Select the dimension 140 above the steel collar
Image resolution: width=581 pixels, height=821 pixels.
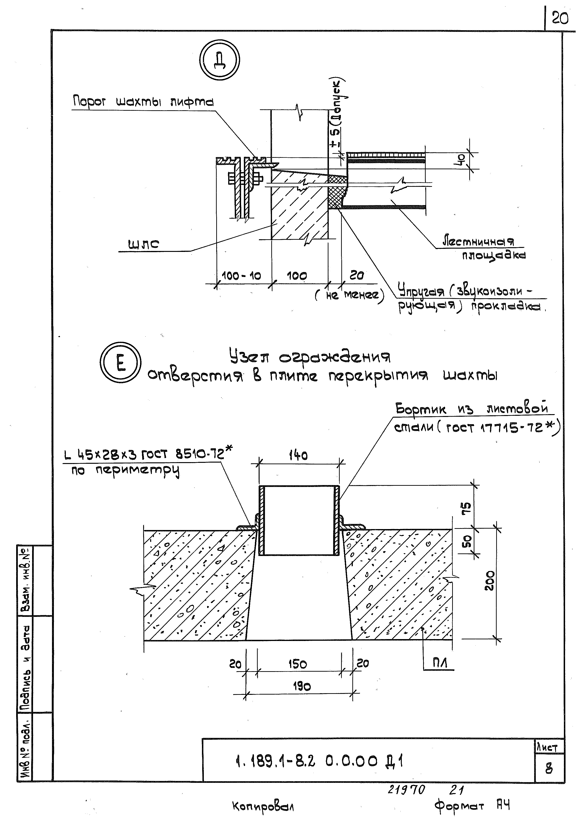[298, 456]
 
